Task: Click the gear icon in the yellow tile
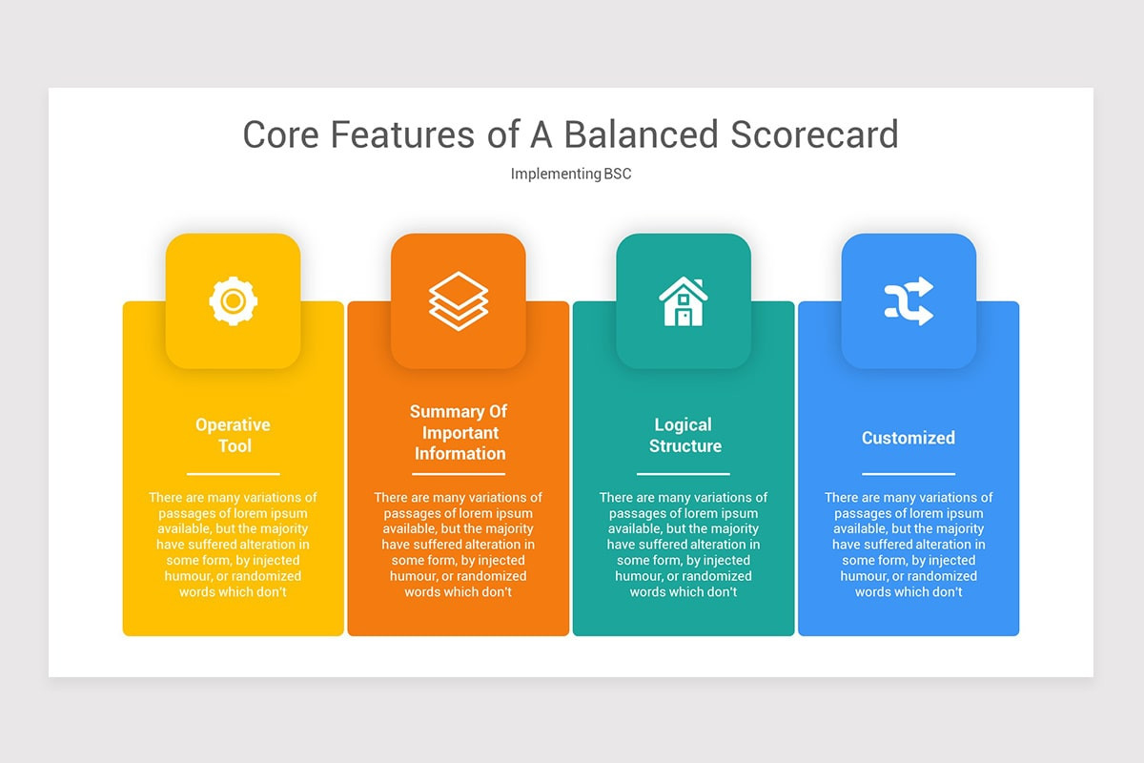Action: [233, 301]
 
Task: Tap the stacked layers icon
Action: [458, 301]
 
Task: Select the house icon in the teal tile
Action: [683, 301]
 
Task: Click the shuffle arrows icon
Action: [908, 301]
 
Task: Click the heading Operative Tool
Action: [233, 435]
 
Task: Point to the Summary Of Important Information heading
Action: [459, 432]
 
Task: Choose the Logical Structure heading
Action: [684, 435]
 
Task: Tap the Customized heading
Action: [908, 438]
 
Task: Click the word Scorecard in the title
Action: [814, 134]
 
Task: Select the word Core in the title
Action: [281, 134]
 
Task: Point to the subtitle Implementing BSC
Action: [571, 174]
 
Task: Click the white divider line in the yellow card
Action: [233, 473]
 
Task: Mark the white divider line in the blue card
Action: [908, 473]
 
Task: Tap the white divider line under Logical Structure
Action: [684, 473]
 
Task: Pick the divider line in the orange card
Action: [459, 473]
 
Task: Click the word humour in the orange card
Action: [419, 576]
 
